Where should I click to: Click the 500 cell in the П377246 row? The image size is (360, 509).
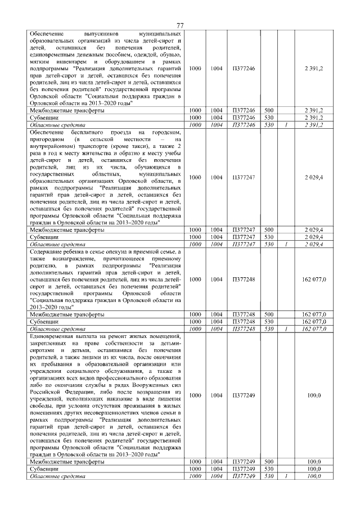[x=268, y=111]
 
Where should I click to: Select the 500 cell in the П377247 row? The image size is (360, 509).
[x=268, y=230]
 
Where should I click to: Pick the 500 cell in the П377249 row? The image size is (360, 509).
[x=268, y=462]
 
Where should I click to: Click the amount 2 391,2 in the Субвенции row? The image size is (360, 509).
[x=313, y=118]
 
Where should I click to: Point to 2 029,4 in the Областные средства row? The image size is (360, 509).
[x=313, y=244]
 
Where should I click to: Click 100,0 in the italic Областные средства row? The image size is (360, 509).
[x=313, y=476]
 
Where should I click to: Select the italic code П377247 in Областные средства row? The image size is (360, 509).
[x=243, y=244]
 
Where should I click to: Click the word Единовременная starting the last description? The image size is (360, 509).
[x=52, y=335]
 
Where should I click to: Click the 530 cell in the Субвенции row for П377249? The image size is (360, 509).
[x=268, y=469]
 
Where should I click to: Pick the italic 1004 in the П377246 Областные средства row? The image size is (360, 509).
[x=216, y=125]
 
